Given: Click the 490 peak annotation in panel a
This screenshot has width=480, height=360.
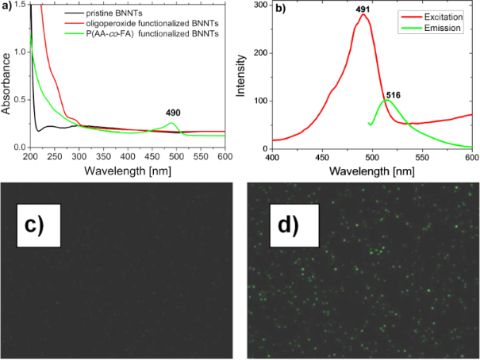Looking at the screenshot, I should click(x=174, y=112).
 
